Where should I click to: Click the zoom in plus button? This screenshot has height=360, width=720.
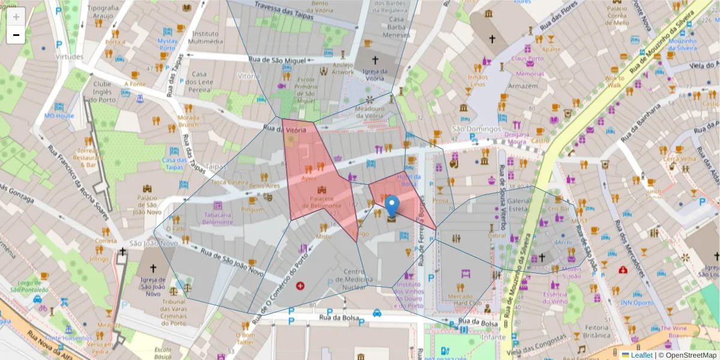[16, 17]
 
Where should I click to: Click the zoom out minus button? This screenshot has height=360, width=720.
[16, 35]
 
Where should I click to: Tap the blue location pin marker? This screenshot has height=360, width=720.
[392, 206]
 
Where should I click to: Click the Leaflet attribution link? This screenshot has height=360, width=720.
[641, 355]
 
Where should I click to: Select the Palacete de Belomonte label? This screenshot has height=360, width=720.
[321, 202]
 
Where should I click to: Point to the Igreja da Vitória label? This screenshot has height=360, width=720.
[375, 74]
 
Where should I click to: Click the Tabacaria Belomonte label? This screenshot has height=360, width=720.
[217, 218]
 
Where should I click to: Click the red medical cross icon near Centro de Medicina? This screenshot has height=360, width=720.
[300, 286]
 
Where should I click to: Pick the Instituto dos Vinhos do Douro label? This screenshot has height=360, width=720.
[409, 295]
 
